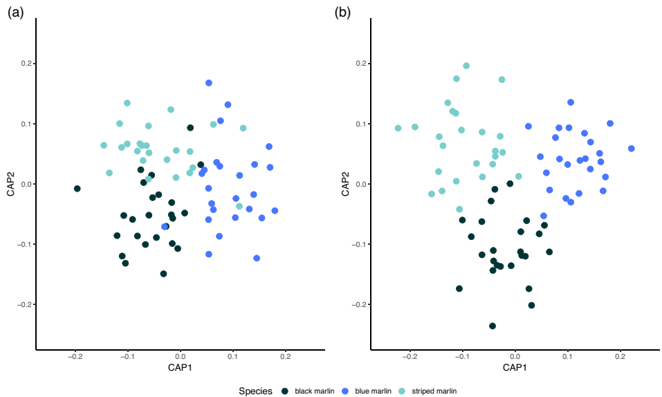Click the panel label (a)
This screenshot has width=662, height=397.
tap(15, 12)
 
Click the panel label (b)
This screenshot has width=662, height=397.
tap(342, 12)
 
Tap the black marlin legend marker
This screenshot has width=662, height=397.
tap(285, 391)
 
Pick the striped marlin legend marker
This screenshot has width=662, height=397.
tap(404, 391)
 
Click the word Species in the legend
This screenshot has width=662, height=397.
tap(255, 391)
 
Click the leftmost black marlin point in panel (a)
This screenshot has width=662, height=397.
tap(77, 189)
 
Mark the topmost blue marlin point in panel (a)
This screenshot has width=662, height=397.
tap(209, 83)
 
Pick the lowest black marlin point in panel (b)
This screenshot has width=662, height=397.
tap(493, 326)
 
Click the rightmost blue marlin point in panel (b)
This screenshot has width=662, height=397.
tap(631, 149)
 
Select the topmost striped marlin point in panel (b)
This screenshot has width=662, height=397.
tap(466, 66)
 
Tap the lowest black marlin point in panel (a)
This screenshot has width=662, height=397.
tap(163, 274)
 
